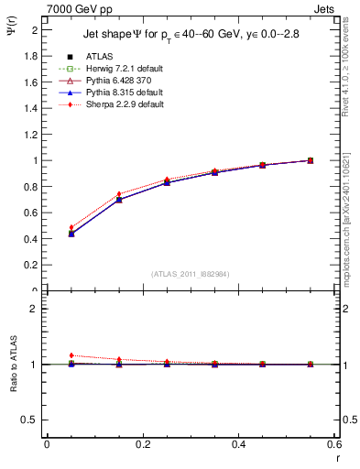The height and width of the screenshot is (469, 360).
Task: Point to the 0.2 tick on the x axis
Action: coord(142,444)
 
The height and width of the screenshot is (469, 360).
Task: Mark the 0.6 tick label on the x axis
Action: coord(333,444)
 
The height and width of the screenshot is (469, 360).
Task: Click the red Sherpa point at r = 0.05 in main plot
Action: coord(71,227)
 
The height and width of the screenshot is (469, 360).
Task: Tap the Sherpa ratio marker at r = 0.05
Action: coord(71,355)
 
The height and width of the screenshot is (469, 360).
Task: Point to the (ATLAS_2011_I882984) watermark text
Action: coord(190,274)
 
